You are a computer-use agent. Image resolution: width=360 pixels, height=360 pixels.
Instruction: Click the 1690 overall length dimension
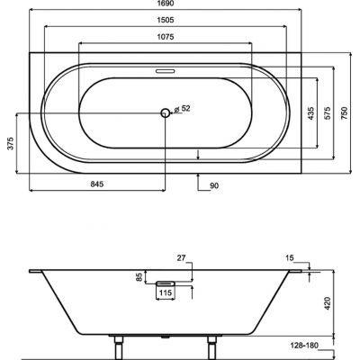point(166,4)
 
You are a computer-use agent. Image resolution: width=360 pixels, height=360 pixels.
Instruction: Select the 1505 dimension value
point(166,20)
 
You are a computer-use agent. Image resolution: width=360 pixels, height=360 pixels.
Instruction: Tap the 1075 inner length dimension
point(166,37)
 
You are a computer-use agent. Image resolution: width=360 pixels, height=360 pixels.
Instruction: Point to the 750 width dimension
point(344,113)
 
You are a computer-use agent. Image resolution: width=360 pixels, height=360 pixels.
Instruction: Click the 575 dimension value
point(327,113)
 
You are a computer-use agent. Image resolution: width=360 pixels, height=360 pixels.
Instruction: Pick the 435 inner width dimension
point(310,113)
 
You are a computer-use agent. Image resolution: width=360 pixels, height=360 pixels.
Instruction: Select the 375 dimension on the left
point(11,143)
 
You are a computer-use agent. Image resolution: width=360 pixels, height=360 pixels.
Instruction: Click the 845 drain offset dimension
point(97,184)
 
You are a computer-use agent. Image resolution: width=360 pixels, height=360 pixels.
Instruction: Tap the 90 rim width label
point(214,186)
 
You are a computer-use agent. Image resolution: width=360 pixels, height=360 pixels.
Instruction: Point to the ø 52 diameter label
point(183,109)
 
